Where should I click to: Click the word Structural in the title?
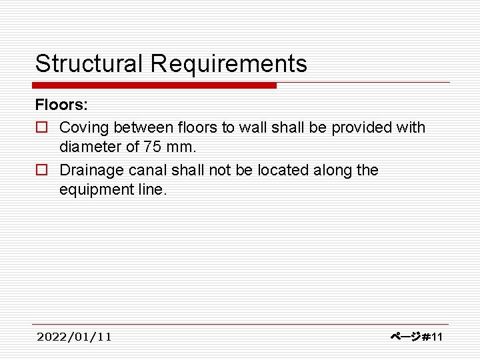[x=89, y=64]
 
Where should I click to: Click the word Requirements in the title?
[x=229, y=64]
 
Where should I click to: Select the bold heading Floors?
[x=61, y=105]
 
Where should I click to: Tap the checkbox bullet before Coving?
[x=41, y=127]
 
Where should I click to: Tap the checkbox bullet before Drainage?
[x=41, y=171]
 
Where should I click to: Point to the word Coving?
[x=83, y=127]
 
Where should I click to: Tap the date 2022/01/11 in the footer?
[x=74, y=337]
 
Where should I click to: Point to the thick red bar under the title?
[x=154, y=85]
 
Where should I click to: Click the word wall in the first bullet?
[x=254, y=127]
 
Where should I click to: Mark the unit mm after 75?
[x=185, y=147]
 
